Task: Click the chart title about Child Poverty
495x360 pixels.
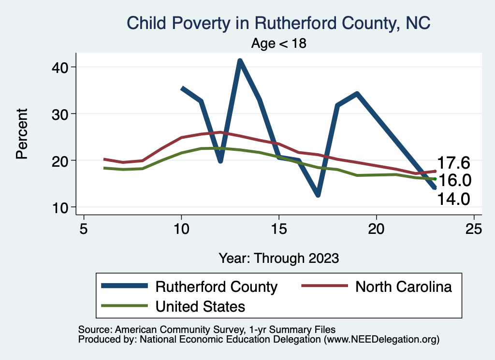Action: pos(278,23)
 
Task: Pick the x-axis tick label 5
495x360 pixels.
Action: pos(84,229)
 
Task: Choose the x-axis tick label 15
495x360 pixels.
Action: pos(279,229)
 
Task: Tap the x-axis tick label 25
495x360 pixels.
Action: pos(474,229)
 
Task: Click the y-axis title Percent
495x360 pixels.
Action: pos(22,134)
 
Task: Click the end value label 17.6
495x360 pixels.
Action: pos(454,163)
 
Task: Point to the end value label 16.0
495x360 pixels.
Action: pos(454,180)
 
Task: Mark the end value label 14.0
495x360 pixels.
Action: pos(454,199)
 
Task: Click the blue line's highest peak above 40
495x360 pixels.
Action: pos(240,61)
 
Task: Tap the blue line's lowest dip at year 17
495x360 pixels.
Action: pos(318,195)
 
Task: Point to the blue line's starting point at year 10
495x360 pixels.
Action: pos(182,88)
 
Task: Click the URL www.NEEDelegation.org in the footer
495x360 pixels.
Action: pos(381,340)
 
